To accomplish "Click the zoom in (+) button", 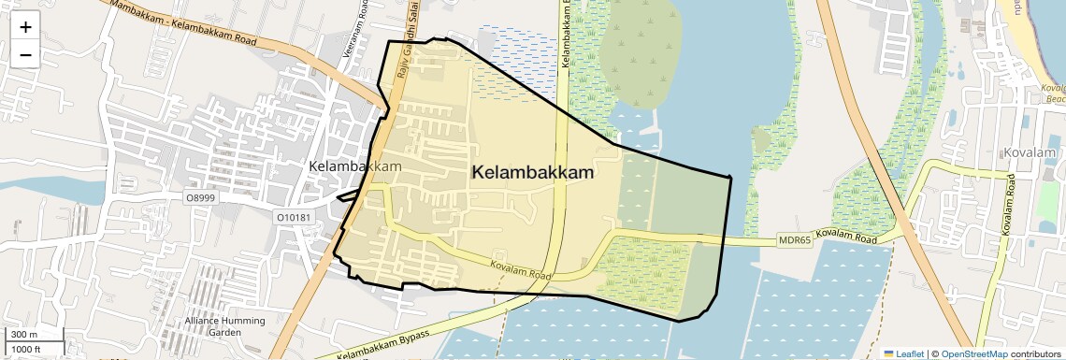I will pos(25,27).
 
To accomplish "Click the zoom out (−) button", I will pos(25,55).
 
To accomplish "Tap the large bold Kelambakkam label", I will pos(533,173).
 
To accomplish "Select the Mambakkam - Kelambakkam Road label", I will pos(183,24).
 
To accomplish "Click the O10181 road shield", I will pos(293,217).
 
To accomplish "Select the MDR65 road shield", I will pos(795,240).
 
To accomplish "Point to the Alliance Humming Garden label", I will pos(224,326).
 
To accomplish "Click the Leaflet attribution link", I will pos(903,353).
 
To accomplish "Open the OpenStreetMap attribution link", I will pos(973,353).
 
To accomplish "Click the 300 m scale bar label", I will pos(24,335).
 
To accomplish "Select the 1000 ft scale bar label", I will pos(28,349).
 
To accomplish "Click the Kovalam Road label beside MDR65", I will pos(848,236).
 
